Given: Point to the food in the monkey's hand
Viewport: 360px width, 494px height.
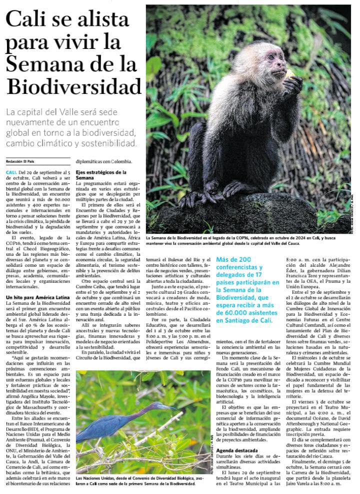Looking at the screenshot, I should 290,74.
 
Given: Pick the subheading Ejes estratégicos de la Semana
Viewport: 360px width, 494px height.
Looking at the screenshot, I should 100,175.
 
